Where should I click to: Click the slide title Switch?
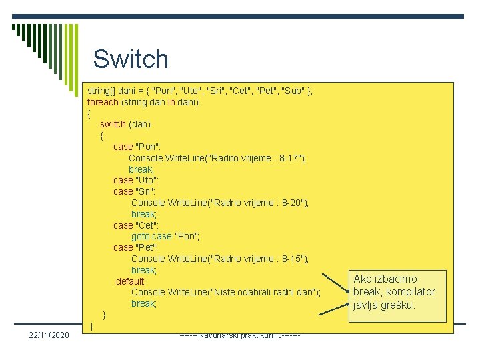pos(131,59)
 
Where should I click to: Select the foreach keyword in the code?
pos(103,102)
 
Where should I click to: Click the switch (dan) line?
pos(125,124)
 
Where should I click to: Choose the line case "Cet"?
pos(136,225)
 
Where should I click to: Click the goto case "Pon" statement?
pos(165,236)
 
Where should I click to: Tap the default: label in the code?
pos(131,281)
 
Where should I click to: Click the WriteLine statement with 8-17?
pos(217,158)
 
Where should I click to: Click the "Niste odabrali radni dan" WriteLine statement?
pos(225,292)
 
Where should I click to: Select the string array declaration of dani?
pos(200,91)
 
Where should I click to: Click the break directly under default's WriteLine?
pos(143,303)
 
